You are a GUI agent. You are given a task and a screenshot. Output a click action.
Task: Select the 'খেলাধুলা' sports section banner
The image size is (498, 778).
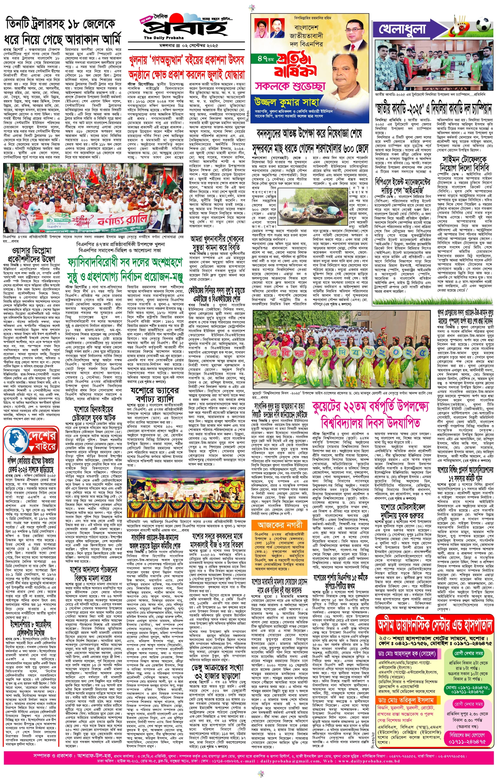click(403, 29)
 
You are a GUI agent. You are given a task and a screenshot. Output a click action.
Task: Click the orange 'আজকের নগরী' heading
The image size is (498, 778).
click(280, 525)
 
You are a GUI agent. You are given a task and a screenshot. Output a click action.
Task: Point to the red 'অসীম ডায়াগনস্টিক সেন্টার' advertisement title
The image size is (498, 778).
click(435, 723)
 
